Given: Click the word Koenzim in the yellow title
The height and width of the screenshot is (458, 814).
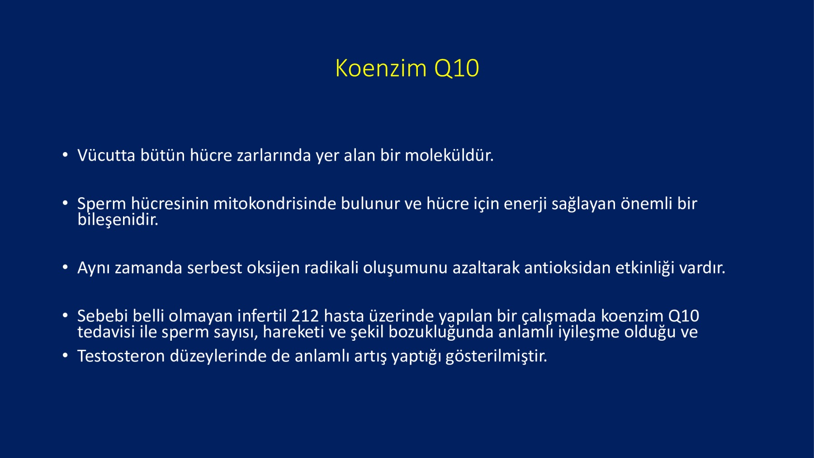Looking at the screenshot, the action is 381,68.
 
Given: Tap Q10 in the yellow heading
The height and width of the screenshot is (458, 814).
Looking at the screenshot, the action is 456,69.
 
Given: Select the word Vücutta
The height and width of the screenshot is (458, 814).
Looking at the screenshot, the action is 106,155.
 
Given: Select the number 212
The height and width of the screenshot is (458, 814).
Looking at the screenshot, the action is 305,315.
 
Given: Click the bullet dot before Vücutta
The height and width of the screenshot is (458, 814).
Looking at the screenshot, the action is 66,155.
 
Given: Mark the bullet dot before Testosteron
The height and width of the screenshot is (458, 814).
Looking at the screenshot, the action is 66,356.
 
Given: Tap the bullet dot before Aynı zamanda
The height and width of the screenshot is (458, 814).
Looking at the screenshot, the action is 66,267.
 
